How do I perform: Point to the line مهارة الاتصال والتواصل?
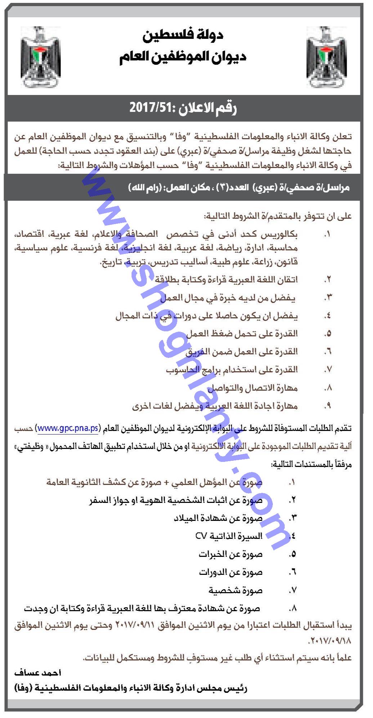tap(252, 388)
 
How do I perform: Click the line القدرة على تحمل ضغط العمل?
tap(242, 334)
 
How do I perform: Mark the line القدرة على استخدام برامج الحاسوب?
tap(231, 370)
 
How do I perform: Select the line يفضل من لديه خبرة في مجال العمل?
tap(229, 298)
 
